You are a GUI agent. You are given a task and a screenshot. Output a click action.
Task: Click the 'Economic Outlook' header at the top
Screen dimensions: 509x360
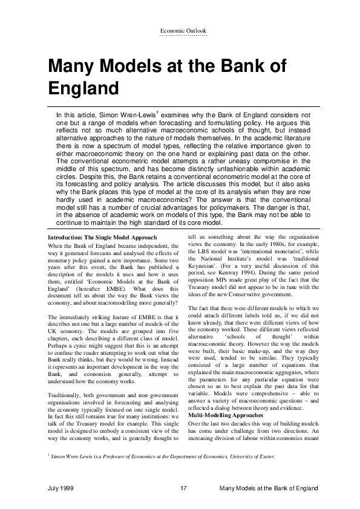click(x=183, y=30)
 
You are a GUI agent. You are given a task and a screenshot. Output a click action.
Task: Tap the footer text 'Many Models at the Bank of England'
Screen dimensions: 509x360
click(x=268, y=488)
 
